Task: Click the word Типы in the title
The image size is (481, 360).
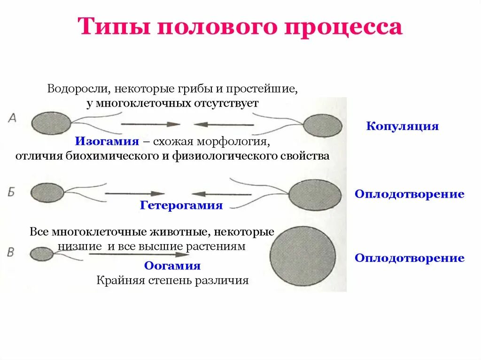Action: (112, 27)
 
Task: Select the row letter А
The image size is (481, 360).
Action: (12, 118)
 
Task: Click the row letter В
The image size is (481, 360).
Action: (11, 252)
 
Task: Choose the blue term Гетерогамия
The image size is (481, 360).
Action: (181, 206)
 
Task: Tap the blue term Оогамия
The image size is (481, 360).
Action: (172, 266)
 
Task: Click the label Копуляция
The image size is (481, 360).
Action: (402, 126)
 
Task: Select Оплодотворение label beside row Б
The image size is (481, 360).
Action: (410, 194)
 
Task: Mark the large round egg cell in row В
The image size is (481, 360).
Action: (303, 254)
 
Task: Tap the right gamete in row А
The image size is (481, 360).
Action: (322, 126)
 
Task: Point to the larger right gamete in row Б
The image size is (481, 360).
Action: (315, 194)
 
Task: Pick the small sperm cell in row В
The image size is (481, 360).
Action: (42, 254)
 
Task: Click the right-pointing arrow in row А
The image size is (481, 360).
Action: (150, 124)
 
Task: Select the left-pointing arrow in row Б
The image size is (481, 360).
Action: (221, 193)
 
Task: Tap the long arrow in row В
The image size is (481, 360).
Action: (139, 254)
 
